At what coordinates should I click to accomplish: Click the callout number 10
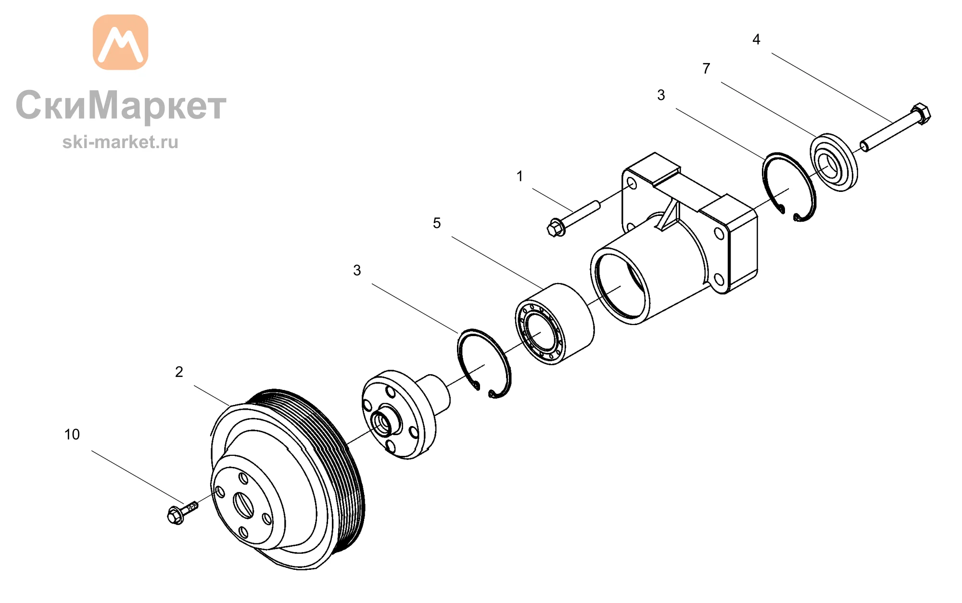click(x=72, y=435)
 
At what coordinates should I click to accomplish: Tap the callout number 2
click(x=179, y=372)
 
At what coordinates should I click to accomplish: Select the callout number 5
click(x=437, y=223)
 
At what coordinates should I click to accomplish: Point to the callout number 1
click(x=519, y=176)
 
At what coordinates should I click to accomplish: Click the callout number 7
click(x=706, y=69)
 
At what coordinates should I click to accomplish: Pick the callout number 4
click(x=756, y=39)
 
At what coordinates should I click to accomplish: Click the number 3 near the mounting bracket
click(x=661, y=95)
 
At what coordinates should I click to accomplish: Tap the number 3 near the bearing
click(x=357, y=270)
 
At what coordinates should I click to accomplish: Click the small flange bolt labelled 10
click(x=182, y=513)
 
